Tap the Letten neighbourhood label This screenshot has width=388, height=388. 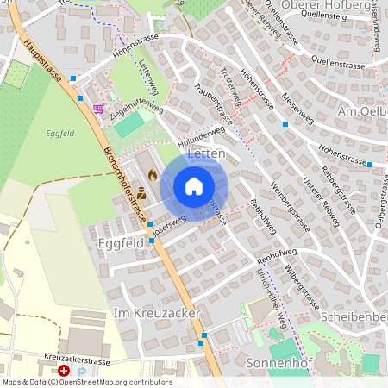[205, 153]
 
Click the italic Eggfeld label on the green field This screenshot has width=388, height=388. [60, 133]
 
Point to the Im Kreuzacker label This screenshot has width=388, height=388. [157, 313]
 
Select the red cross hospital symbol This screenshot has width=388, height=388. [65, 371]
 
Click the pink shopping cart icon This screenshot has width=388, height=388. [99, 110]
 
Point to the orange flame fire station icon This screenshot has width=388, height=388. [153, 174]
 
